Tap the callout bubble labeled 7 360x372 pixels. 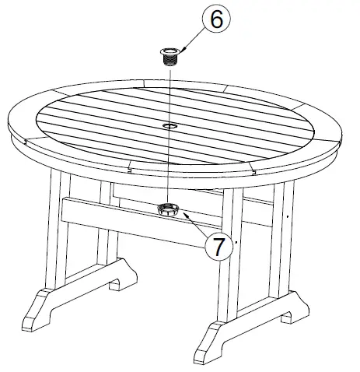218,247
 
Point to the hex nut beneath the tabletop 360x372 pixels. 169,209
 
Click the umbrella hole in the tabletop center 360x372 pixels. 169,125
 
